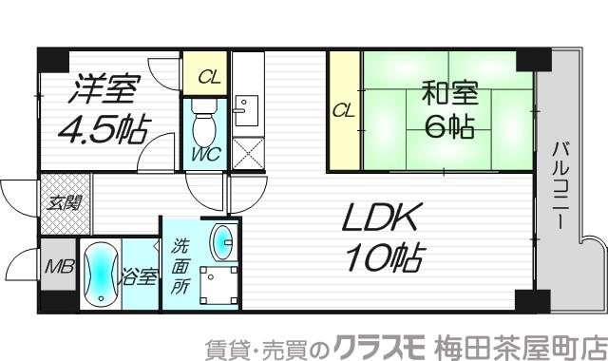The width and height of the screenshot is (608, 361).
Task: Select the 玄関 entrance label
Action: pyautogui.click(x=66, y=201)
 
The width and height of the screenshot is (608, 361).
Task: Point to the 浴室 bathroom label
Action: pyautogui.click(x=139, y=278)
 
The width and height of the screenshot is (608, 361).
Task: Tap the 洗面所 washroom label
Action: pyautogui.click(x=179, y=268)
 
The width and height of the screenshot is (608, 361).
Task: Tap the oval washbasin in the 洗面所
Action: pyautogui.click(x=222, y=241)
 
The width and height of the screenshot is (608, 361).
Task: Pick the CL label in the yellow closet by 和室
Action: pyautogui.click(x=344, y=111)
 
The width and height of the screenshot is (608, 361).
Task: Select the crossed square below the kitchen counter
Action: pyautogui.click(x=248, y=153)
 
